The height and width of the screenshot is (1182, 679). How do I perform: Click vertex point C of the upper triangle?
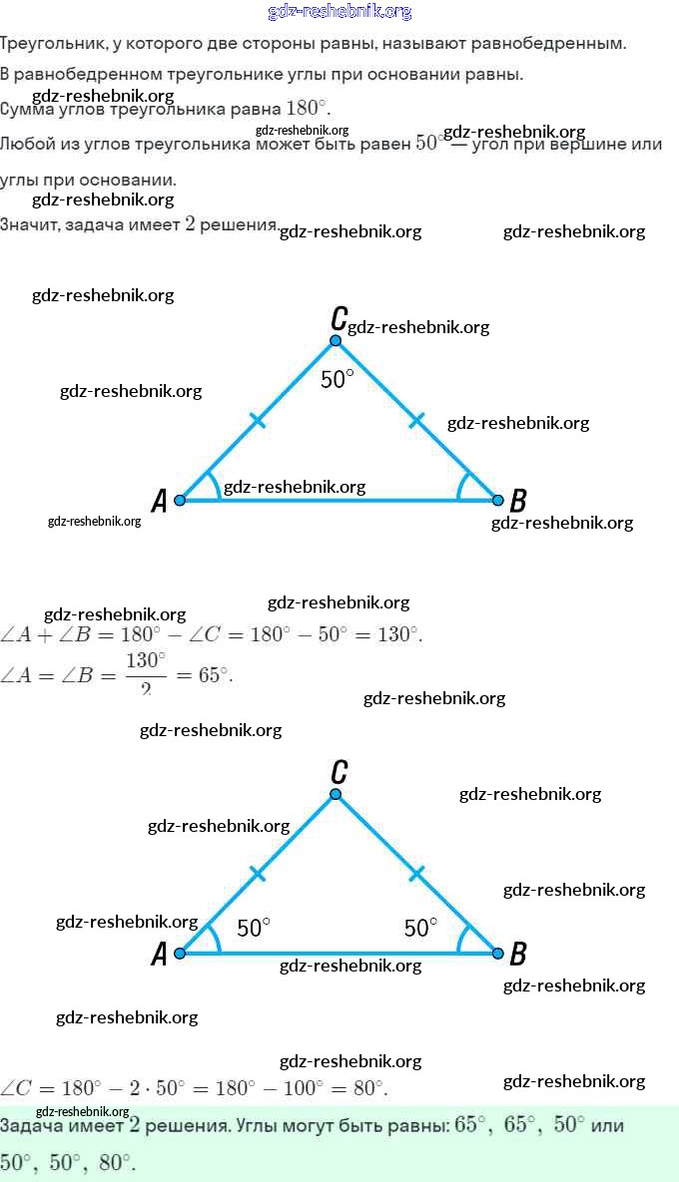[336, 340]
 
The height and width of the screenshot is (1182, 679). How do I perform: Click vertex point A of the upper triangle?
[180, 500]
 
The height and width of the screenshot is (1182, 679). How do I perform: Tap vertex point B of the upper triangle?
[497, 500]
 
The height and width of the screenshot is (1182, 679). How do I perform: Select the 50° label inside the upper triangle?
[338, 380]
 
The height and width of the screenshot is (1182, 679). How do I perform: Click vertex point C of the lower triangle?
[336, 794]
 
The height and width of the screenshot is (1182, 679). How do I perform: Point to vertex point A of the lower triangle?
[180, 954]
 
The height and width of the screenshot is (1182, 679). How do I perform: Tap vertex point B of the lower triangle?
[497, 954]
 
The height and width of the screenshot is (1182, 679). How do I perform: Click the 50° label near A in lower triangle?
[254, 929]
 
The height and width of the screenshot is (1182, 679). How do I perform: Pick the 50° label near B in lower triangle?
[420, 929]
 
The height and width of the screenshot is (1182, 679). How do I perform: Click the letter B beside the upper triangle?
[518, 501]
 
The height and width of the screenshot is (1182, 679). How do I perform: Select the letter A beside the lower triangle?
[159, 956]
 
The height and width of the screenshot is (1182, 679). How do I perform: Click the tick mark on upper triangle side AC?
[258, 421]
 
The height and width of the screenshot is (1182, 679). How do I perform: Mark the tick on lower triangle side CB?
[416, 874]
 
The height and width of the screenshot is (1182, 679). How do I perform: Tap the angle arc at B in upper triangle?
[463, 486]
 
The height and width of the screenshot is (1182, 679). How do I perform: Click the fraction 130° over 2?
[146, 673]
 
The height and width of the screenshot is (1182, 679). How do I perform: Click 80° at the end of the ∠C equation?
[367, 1088]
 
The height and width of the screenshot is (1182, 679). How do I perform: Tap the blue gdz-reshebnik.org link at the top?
[339, 12]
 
